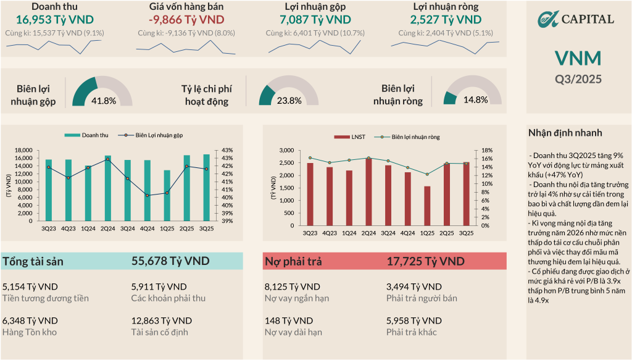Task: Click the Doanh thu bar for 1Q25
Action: coord(167,196)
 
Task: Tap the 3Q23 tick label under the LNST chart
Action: coord(310,233)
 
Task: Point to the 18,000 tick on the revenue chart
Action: coord(23,150)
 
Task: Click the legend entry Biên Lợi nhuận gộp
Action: coord(159,135)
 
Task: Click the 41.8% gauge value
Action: coord(103,101)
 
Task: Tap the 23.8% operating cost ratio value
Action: coord(289,101)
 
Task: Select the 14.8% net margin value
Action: coord(475,100)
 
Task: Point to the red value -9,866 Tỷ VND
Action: coord(186,20)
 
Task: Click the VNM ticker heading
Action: coord(578,59)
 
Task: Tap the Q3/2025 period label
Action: coord(578,78)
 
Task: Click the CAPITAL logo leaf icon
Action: coord(547,19)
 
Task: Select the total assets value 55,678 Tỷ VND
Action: coord(170,261)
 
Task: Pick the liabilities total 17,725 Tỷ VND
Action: coord(425,261)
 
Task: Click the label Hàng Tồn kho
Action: coord(30,332)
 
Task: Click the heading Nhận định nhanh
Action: coord(565,133)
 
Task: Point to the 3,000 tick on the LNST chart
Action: coord(285,150)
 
